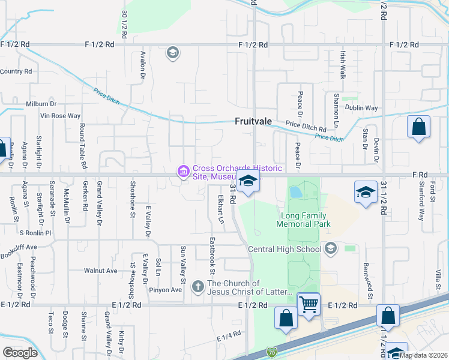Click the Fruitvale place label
pyautogui.click(x=253, y=121)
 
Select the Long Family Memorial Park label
pyautogui.click(x=304, y=220)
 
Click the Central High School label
pyautogui.click(x=285, y=249)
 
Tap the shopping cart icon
pyautogui.click(x=309, y=304)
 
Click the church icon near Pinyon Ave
pyautogui.click(x=198, y=287)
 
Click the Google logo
pyautogui.click(x=20, y=353)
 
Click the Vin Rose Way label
pyautogui.click(x=60, y=115)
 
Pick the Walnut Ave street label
pyautogui.click(x=100, y=271)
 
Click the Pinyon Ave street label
pyautogui.click(x=165, y=290)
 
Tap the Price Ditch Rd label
pyautogui.click(x=306, y=128)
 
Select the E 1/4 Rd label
pyautogui.click(x=229, y=337)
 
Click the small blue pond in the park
pyautogui.click(x=295, y=193)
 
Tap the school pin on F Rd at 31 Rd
pyautogui.click(x=247, y=181)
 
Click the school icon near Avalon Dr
pyautogui.click(x=173, y=53)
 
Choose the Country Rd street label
pyautogui.click(x=16, y=71)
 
